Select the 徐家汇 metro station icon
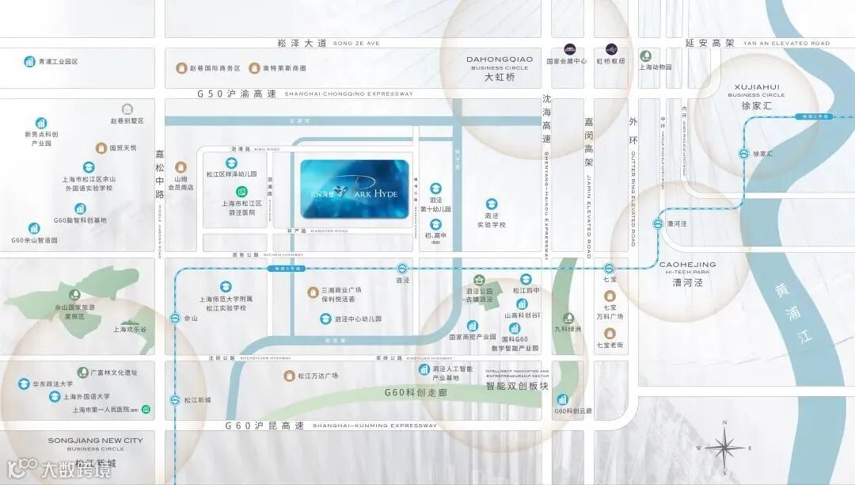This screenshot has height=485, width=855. click(745, 154)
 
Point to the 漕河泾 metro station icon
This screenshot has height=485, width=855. click(657, 224)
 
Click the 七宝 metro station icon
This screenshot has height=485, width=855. click(609, 269)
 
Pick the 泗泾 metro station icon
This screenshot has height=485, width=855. click(402, 269)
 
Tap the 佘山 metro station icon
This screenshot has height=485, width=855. click(175, 318)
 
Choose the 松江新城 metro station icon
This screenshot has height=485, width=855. click(175, 400)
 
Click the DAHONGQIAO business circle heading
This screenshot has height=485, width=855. click(499, 59)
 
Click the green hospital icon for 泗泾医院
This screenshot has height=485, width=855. click(241, 192)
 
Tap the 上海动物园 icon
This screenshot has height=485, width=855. click(646, 55)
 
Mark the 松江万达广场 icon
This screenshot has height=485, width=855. click(290, 376)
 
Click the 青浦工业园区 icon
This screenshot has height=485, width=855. click(29, 61)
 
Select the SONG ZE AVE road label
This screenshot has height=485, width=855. click(356, 43)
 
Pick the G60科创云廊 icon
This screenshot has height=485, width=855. click(562, 399)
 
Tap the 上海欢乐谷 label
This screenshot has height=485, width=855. click(130, 329)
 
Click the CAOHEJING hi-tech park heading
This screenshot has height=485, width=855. click(687, 264)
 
